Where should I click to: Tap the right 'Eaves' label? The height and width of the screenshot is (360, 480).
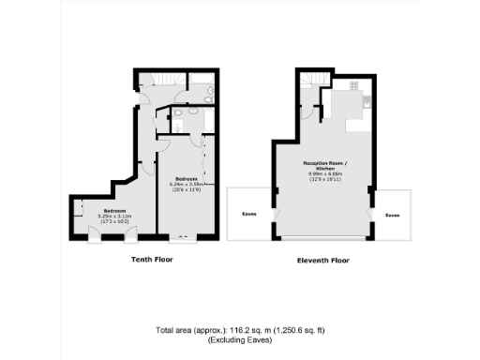pos(392,215)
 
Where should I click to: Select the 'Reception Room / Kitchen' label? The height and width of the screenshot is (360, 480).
pos(321,165)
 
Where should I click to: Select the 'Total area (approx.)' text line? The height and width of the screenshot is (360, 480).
pos(239,331)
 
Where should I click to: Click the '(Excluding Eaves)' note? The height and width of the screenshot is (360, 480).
pos(239,341)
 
